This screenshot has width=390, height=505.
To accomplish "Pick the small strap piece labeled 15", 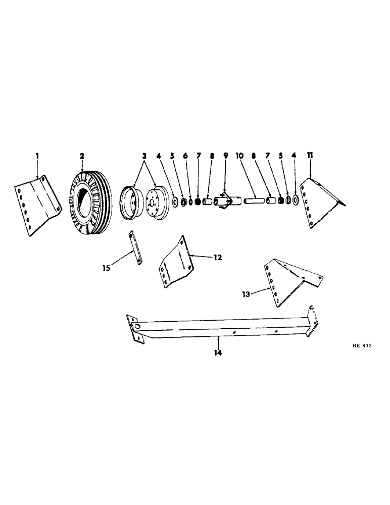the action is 135,247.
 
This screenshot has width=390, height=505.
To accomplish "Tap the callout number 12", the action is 218,257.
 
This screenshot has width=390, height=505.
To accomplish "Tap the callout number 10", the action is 240,157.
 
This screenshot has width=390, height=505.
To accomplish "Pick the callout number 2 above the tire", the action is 81,157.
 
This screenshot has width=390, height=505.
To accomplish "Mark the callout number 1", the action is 37,157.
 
